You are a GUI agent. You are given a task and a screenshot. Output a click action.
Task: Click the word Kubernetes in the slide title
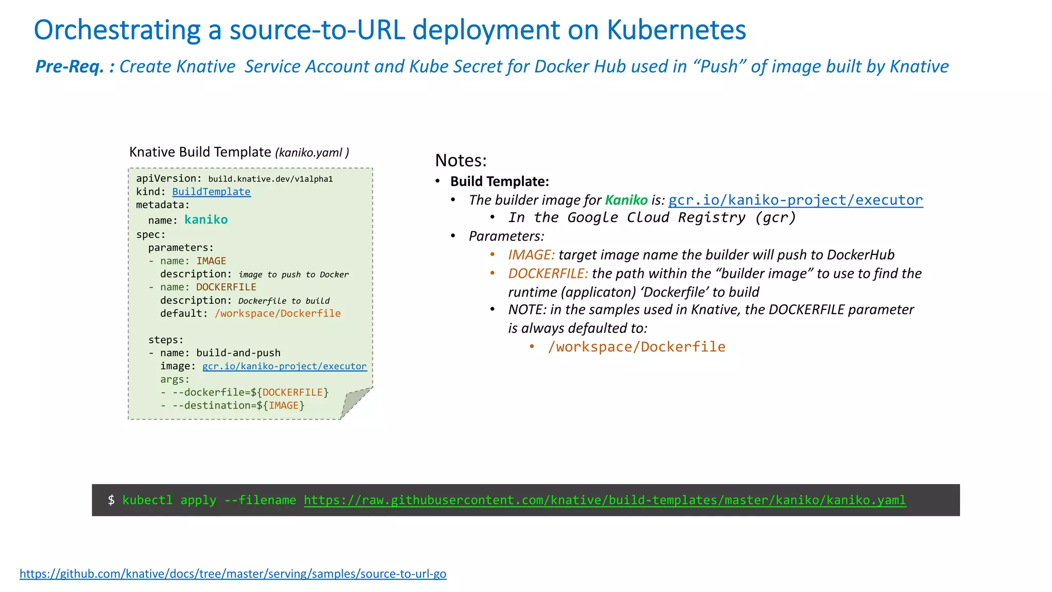click(x=676, y=30)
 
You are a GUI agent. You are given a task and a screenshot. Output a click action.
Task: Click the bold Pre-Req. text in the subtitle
click(x=69, y=67)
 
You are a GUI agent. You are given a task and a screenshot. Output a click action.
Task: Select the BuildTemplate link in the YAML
click(x=211, y=192)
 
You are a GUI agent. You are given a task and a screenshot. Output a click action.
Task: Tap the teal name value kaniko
click(x=206, y=220)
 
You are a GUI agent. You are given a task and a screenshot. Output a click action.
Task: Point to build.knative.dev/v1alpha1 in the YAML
click(x=270, y=179)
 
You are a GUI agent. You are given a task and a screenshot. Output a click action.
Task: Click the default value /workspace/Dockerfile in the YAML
click(x=277, y=313)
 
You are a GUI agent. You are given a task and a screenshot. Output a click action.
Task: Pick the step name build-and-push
click(x=238, y=353)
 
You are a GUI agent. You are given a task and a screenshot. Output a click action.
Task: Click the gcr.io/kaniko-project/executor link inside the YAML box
click(x=284, y=366)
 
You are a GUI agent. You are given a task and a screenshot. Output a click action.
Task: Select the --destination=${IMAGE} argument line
click(x=238, y=405)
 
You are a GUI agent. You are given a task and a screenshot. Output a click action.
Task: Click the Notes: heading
click(x=461, y=160)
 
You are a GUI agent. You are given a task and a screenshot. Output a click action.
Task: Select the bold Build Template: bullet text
click(x=499, y=181)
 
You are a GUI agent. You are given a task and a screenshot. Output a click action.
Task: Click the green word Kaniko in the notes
click(x=626, y=200)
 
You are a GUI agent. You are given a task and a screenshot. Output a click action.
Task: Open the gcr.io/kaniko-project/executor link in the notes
click(x=795, y=200)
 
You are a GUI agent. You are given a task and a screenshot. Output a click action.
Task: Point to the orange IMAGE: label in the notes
click(x=531, y=255)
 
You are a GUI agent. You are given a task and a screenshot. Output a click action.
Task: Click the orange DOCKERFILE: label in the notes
click(x=548, y=273)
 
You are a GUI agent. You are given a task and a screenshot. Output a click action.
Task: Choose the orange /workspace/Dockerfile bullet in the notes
click(x=636, y=347)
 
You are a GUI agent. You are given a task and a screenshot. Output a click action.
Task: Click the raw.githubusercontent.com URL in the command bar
click(x=605, y=500)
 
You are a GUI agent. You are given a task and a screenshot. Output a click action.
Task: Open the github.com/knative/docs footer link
click(x=233, y=573)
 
